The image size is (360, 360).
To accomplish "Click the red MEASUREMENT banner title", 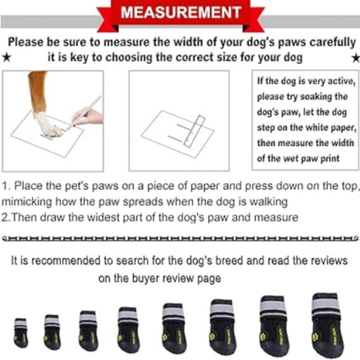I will pos(179,12).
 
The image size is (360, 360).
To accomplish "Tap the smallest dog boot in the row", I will pos(20,332).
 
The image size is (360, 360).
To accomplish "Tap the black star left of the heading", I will pos(6,58).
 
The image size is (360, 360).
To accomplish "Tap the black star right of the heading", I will pos(354,58).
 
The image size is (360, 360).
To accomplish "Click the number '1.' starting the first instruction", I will pos(6,186).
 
